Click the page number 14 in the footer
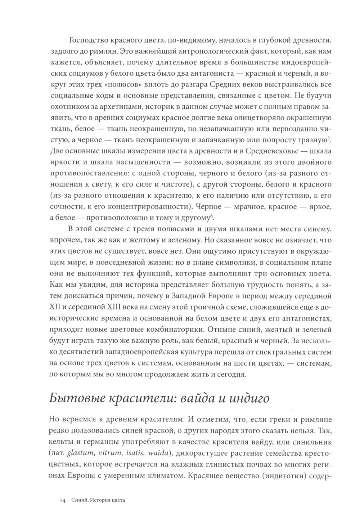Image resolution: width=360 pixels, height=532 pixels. pos(62,500)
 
